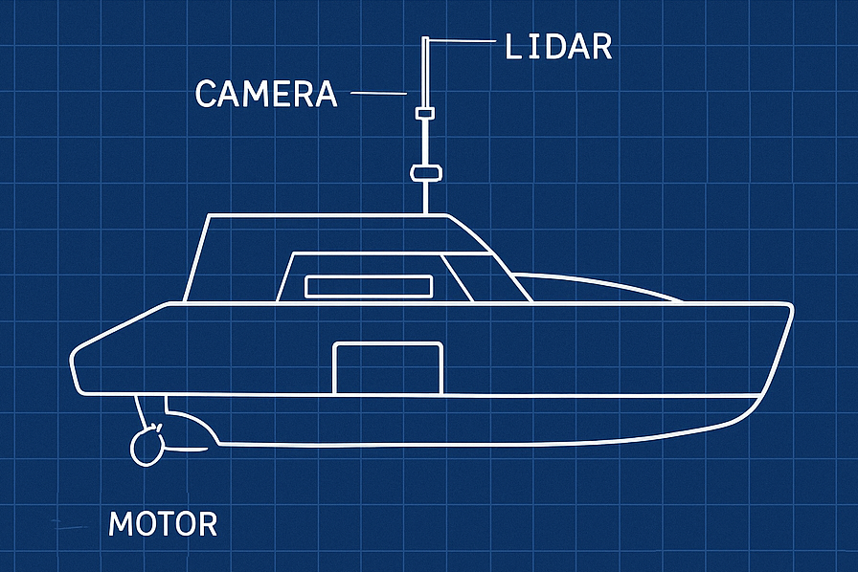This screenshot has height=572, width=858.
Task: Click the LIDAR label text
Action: pyautogui.click(x=557, y=46)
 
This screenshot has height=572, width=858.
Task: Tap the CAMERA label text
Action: pyautogui.click(x=265, y=94)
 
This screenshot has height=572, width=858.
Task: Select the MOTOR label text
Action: pyautogui.click(x=163, y=524)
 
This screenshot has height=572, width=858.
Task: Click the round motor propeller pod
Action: pyautogui.click(x=147, y=446)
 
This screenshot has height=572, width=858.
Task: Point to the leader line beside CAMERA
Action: pyautogui.click(x=380, y=93)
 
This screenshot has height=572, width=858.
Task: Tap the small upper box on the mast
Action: pyautogui.click(x=424, y=114)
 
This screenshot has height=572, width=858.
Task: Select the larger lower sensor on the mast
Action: pyautogui.click(x=424, y=173)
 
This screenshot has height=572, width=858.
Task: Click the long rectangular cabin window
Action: pyautogui.click(x=369, y=286)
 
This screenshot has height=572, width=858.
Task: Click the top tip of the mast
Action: pyautogui.click(x=424, y=39)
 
